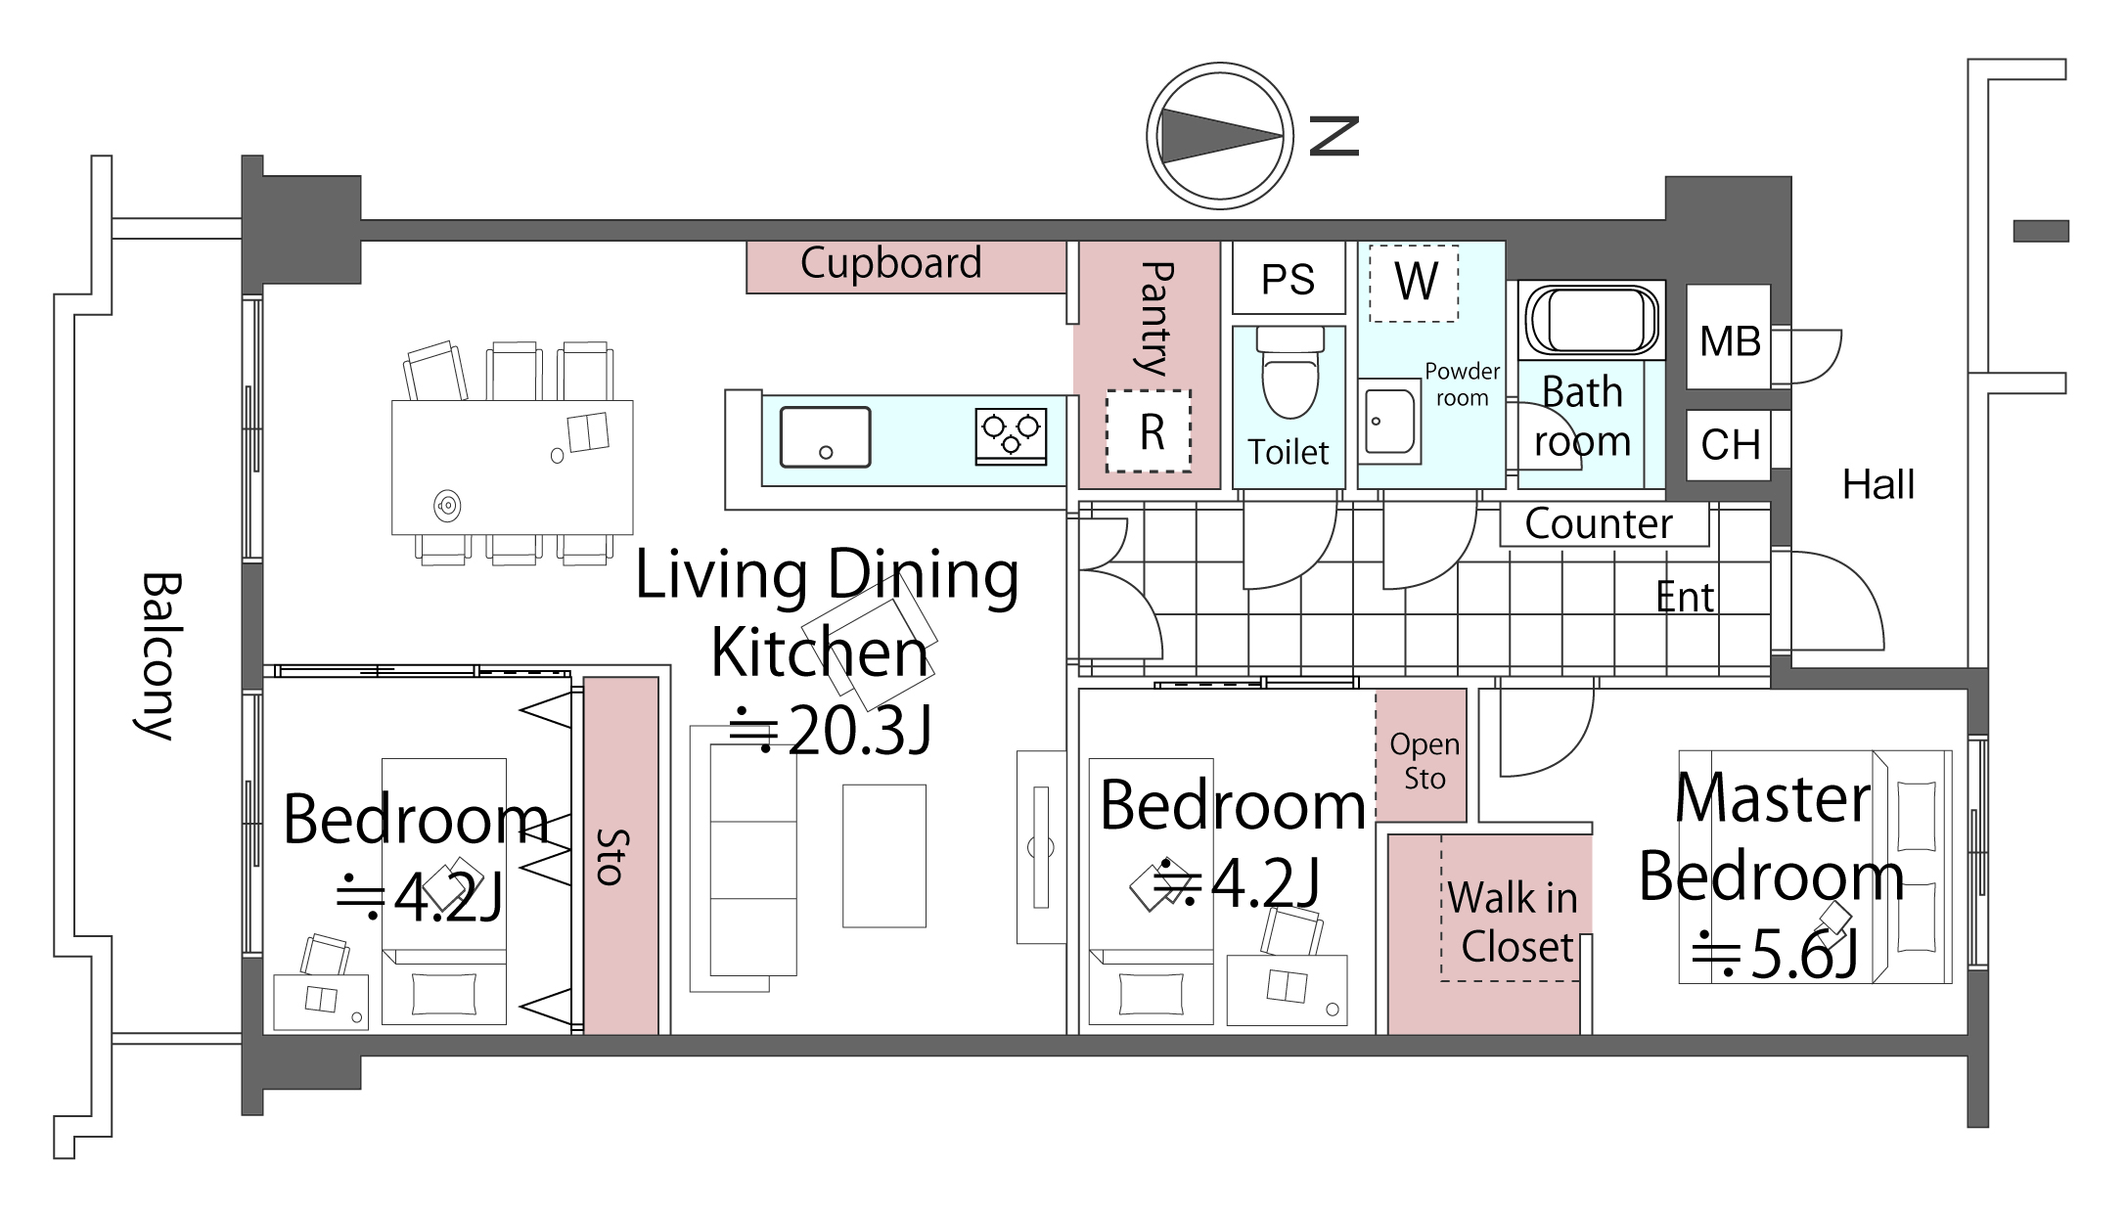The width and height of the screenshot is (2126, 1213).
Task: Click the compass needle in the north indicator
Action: click(1220, 136)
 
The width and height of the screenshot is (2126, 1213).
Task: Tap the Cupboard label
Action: click(890, 263)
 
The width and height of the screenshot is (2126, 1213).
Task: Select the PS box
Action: click(1289, 279)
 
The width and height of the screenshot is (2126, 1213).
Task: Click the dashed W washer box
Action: click(1414, 284)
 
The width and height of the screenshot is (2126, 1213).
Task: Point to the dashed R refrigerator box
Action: click(1149, 431)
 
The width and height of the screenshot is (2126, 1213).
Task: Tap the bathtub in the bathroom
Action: click(1592, 319)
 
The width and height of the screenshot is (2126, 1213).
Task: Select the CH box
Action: click(1730, 445)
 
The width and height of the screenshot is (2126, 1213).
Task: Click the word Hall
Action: click(1878, 484)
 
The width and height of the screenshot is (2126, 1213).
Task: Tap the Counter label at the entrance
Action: click(1599, 524)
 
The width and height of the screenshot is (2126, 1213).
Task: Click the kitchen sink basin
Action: click(825, 437)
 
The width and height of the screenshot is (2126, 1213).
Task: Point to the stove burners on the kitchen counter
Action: click(1011, 435)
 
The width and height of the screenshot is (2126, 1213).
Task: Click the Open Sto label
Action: click(1425, 761)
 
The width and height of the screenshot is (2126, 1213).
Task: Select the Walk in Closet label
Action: click(1514, 921)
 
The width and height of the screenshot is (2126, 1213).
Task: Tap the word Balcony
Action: click(158, 656)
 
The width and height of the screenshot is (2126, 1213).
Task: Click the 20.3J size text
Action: click(833, 731)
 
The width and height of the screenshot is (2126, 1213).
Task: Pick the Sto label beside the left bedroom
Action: click(611, 857)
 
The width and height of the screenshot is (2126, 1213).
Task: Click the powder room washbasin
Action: click(1389, 421)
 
